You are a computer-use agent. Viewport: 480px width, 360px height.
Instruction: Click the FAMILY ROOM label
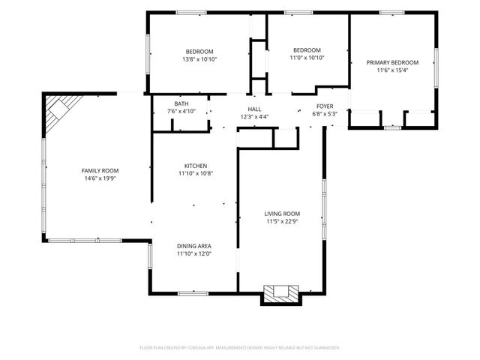click(x=100, y=171)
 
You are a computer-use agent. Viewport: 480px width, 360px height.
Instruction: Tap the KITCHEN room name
click(x=196, y=166)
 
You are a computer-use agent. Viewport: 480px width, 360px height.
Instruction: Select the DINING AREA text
click(x=194, y=246)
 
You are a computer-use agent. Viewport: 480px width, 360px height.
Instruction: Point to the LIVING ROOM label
click(x=282, y=214)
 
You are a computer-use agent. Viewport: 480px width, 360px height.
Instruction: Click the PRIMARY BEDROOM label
click(x=392, y=63)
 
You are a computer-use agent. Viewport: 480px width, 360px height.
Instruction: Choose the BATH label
click(x=181, y=104)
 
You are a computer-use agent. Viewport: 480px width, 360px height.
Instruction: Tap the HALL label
click(x=254, y=109)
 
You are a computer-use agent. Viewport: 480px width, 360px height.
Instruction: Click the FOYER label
click(x=325, y=106)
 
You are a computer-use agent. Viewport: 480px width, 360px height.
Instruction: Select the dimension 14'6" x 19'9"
click(x=100, y=178)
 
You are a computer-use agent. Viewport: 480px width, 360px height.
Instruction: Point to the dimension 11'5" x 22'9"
click(x=282, y=222)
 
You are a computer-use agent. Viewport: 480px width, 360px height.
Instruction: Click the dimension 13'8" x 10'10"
click(x=199, y=59)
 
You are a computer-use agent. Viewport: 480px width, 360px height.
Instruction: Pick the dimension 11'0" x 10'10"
click(x=307, y=58)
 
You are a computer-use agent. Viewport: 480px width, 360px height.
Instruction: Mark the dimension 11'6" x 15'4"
click(x=392, y=70)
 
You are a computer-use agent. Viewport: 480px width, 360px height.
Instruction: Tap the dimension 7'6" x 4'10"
click(x=181, y=112)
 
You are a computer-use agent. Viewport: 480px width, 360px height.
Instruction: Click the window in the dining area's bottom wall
click(x=193, y=293)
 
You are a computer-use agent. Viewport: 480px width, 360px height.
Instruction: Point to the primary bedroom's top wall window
click(x=391, y=13)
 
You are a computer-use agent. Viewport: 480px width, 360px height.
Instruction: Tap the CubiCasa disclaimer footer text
click(x=240, y=348)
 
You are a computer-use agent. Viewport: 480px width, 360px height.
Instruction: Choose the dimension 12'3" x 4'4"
click(x=254, y=117)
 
